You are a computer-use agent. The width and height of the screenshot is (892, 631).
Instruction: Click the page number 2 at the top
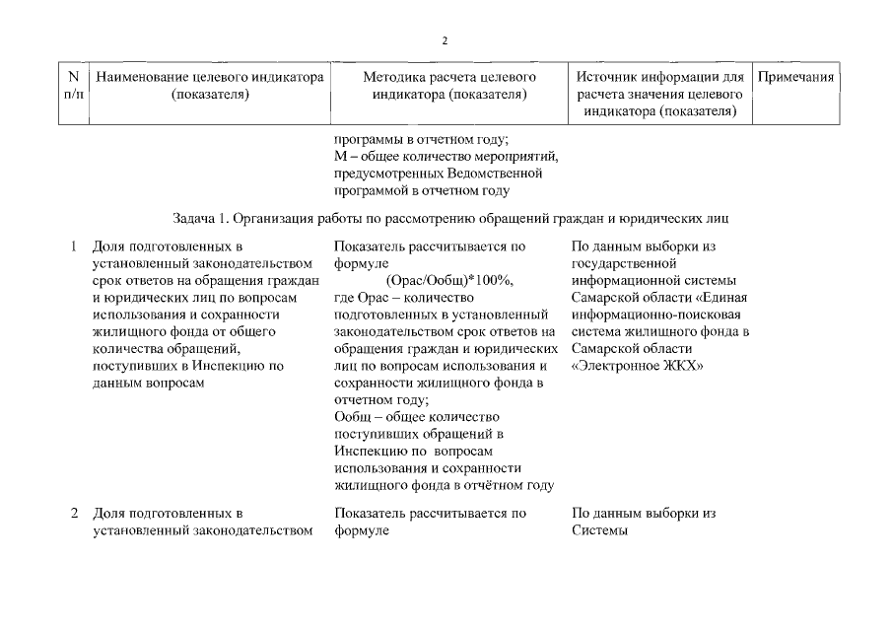pyautogui.click(x=446, y=40)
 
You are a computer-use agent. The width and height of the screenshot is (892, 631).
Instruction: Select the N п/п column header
pyautogui.click(x=71, y=86)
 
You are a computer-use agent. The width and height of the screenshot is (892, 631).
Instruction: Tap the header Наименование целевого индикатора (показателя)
pyautogui.click(x=208, y=86)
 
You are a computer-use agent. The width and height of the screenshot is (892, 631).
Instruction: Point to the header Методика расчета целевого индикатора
pyautogui.click(x=448, y=86)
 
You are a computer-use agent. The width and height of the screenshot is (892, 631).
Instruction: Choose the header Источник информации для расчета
pyautogui.click(x=658, y=94)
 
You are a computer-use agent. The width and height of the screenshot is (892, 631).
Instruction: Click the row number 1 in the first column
pyautogui.click(x=74, y=245)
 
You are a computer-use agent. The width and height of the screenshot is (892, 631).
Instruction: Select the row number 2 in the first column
pyautogui.click(x=74, y=514)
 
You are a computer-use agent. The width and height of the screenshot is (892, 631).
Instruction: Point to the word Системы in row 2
pyautogui.click(x=598, y=530)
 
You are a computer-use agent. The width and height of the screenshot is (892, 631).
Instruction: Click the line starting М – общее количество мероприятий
pyautogui.click(x=446, y=156)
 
